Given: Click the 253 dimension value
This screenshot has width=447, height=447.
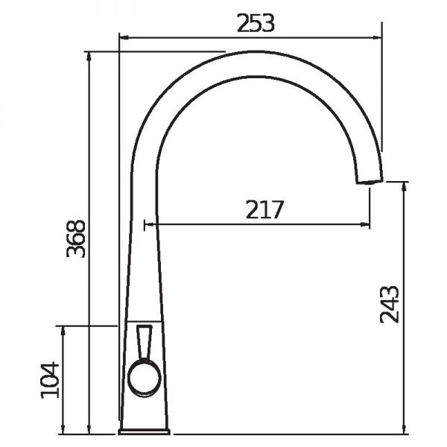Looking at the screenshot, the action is (256, 23).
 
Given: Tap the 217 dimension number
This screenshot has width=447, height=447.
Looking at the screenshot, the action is (264, 209).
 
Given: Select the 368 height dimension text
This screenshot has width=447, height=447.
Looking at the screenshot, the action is (76, 238).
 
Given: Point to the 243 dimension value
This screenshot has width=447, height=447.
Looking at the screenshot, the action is (390, 304).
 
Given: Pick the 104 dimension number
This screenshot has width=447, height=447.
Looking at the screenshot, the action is (50, 380).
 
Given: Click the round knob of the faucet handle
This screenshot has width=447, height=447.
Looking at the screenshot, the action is (145, 378).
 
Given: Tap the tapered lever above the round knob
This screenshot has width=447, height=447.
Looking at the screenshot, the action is (145, 343).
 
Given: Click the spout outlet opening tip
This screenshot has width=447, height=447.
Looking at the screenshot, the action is (370, 182).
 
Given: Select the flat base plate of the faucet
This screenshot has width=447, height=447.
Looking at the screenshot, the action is (145, 431).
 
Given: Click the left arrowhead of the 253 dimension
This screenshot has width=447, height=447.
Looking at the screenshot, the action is (123, 37).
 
